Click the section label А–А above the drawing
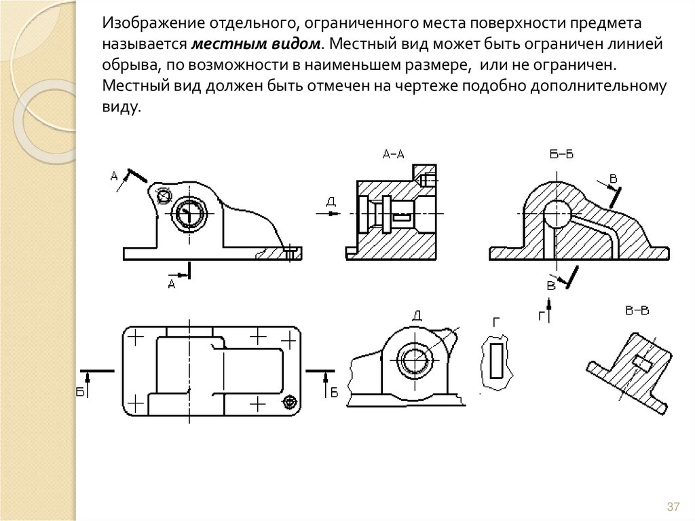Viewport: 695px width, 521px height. coord(393,154)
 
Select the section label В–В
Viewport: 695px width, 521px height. coord(637,311)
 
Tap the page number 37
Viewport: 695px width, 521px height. coord(673,507)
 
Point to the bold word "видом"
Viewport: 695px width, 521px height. coord(293,43)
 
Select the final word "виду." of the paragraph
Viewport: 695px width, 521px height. coord(121,107)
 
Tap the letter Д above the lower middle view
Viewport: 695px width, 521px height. coord(417,315)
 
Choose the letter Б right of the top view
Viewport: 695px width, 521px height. coord(333,392)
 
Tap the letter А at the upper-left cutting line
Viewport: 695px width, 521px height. coord(114,177)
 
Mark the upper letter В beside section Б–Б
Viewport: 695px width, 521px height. coord(613,179)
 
